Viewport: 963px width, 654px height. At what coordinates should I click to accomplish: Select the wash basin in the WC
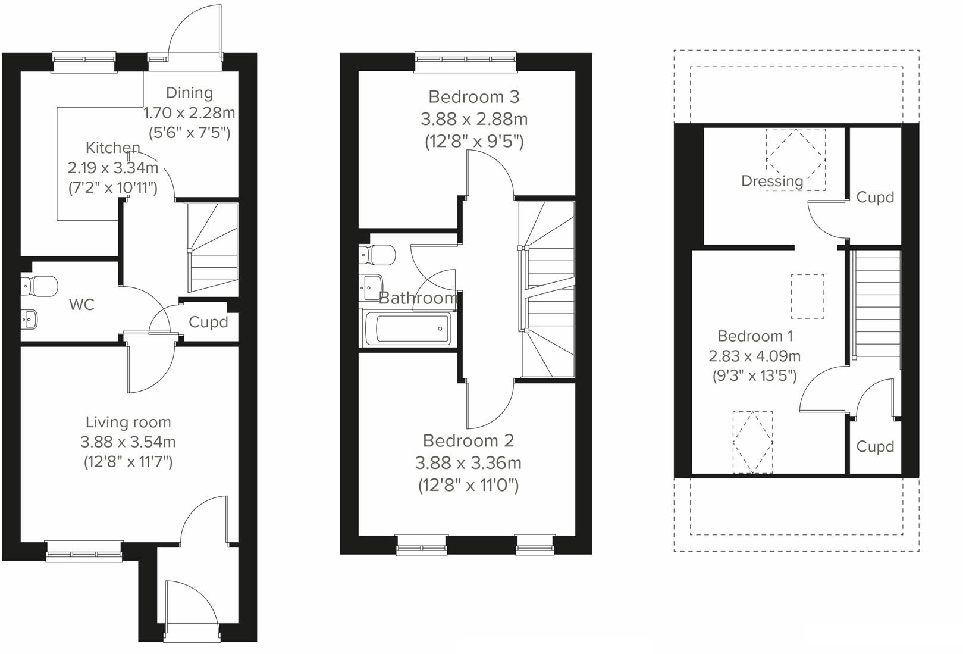coord(30,319)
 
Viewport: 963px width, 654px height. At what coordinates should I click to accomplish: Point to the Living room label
coord(128,422)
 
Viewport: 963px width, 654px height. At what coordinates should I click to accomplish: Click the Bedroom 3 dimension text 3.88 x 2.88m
coord(474,119)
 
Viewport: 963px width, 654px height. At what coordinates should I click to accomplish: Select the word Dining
coord(189,93)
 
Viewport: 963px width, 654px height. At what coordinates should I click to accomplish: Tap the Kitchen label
coord(113,148)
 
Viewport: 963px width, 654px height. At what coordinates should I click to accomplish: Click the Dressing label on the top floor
coord(772,180)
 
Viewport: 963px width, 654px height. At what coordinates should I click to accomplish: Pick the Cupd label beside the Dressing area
coord(875,197)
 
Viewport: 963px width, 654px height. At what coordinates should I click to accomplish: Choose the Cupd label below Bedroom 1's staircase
coord(875,446)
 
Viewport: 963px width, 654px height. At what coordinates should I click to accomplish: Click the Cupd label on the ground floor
coord(208,322)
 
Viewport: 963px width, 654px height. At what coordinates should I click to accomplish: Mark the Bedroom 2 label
coord(468,440)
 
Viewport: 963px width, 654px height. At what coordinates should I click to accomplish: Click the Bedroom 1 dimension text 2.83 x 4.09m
coord(754,356)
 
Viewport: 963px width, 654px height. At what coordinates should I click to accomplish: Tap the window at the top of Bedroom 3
coord(466,58)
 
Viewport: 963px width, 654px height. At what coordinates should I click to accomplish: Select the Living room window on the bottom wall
coord(84,552)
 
